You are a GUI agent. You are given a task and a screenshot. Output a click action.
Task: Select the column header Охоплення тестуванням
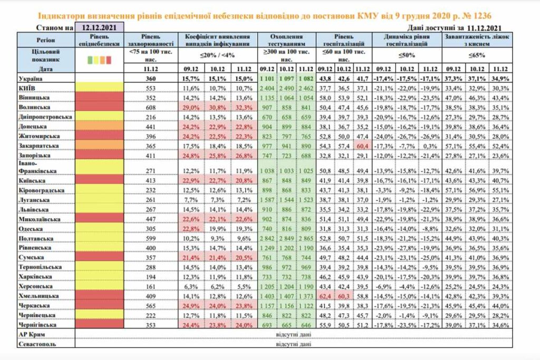tap(286, 40)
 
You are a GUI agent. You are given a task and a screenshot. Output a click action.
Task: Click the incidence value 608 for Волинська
tap(152, 106)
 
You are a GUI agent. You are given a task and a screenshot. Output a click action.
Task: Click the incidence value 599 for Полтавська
tap(152, 239)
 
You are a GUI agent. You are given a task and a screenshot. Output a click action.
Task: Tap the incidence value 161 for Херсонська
tap(152, 287)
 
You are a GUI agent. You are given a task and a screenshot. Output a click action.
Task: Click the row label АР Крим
tap(32, 335)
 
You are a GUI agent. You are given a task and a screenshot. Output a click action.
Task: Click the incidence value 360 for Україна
tap(152, 78)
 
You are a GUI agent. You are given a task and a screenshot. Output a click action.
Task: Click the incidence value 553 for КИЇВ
tap(152, 87)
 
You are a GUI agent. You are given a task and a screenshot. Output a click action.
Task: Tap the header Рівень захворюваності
tap(152, 40)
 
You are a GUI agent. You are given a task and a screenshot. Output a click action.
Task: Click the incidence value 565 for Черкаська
tap(152, 306)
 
